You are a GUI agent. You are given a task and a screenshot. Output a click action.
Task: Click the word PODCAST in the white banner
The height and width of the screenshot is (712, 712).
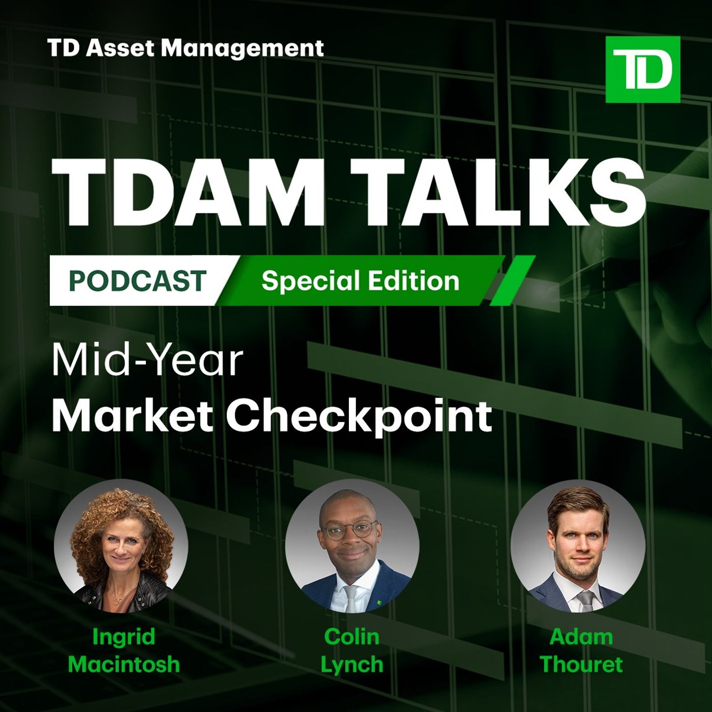point(137,281)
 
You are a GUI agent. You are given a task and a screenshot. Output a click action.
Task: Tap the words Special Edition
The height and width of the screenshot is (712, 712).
point(360,281)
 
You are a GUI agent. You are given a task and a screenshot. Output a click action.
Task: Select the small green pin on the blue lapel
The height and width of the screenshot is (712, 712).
point(379,603)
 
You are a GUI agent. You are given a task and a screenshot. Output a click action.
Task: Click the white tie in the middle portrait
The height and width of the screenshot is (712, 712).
point(349,597)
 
